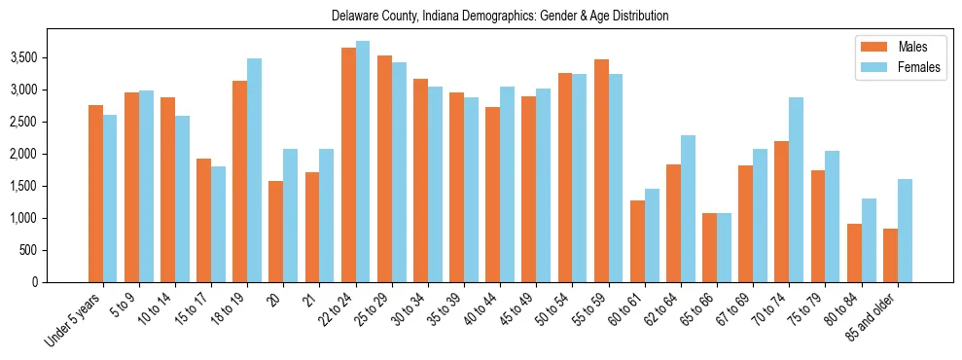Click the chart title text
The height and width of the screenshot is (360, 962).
[500, 16]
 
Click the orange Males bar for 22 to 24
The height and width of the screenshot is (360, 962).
[348, 165]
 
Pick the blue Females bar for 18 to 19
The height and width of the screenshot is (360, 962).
[254, 170]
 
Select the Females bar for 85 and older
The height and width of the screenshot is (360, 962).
[905, 231]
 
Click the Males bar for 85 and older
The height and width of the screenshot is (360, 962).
[890, 255]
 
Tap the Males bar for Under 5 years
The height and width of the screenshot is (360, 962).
[95, 194]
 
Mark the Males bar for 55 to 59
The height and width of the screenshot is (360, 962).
[601, 171]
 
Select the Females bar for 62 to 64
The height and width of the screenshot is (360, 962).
[688, 208]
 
